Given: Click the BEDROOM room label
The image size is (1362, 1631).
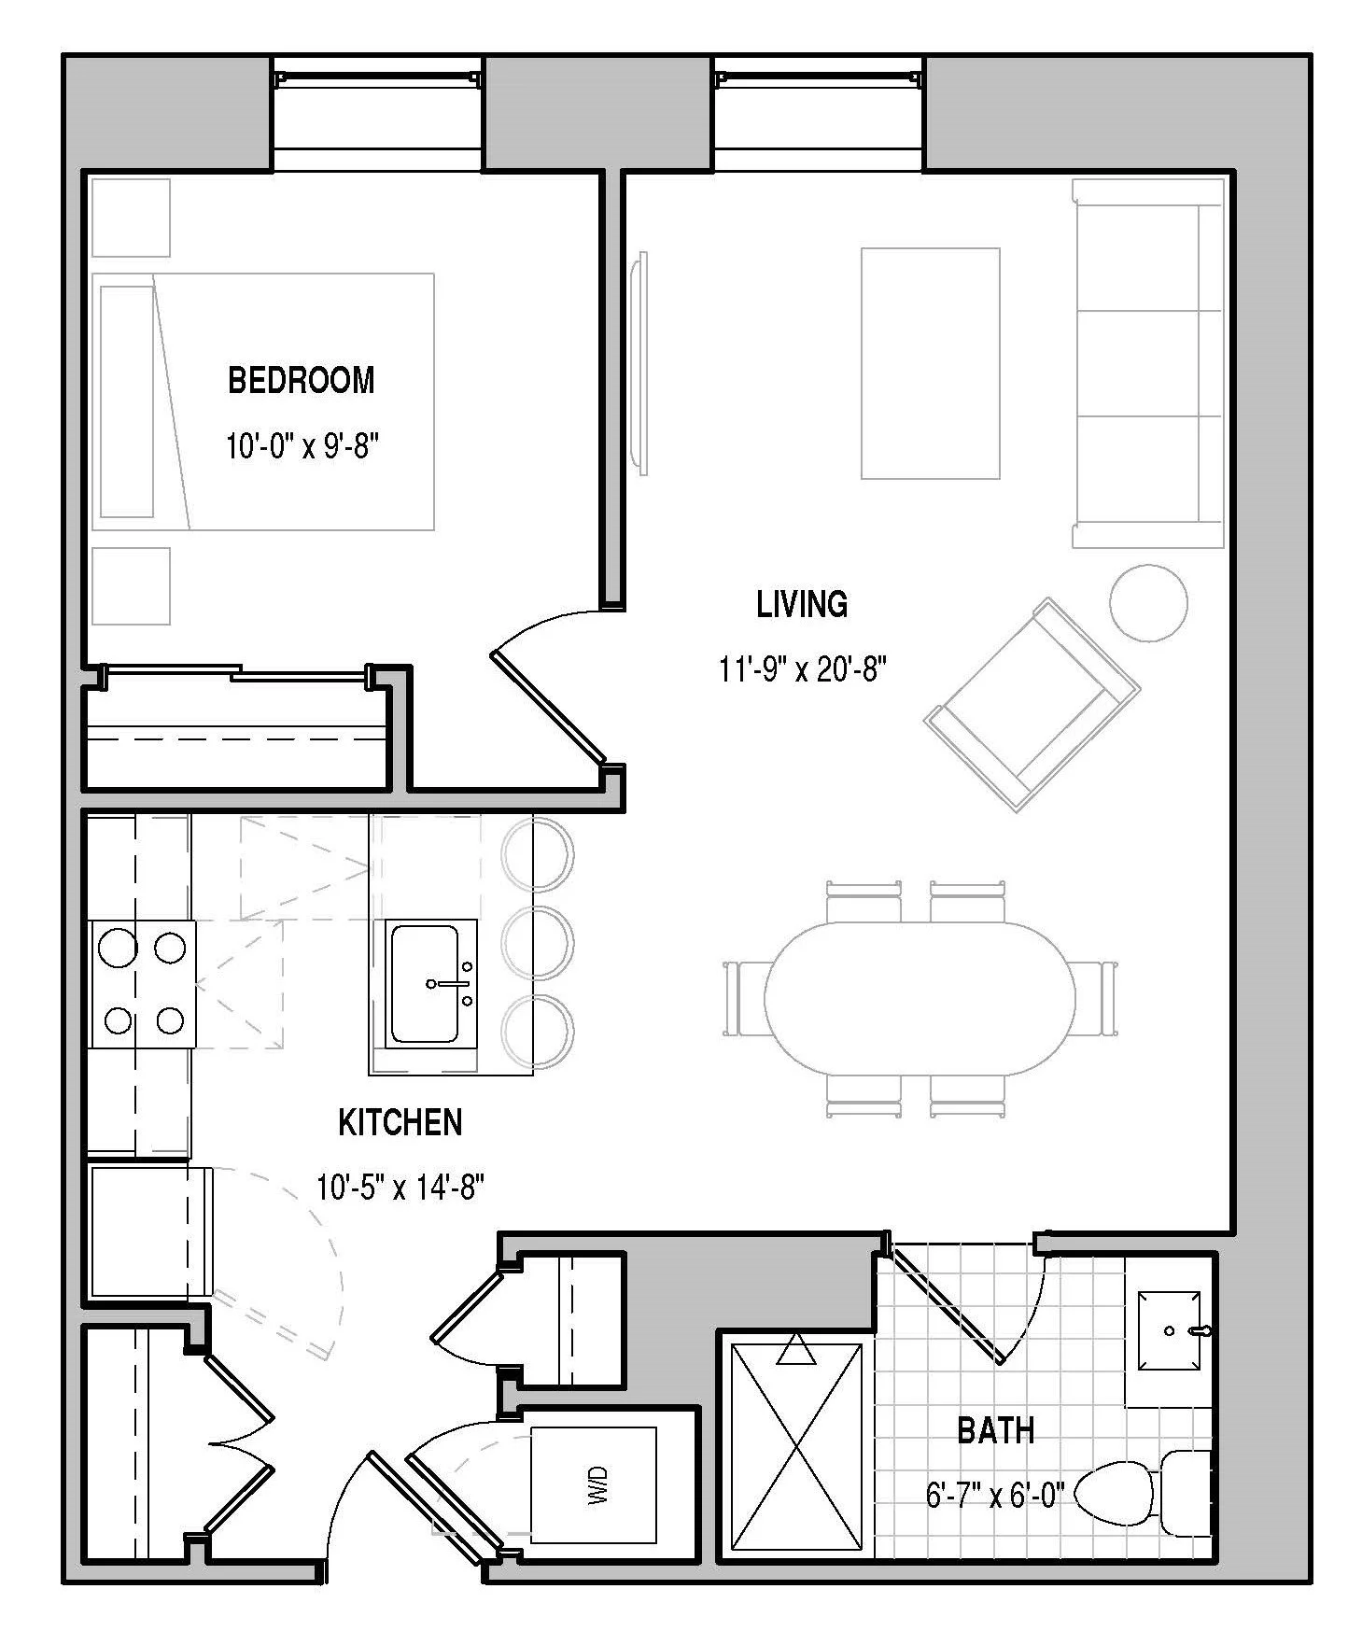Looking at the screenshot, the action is tap(301, 380).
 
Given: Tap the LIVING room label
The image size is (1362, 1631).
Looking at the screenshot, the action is tap(802, 604).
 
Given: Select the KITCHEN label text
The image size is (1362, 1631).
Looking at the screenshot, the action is tap(400, 1122).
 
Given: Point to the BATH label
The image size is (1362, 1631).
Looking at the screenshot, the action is tap(996, 1430).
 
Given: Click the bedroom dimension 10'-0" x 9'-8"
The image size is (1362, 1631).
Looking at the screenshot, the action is tap(302, 446).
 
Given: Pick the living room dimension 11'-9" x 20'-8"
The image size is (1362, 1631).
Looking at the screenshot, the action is tap(802, 669).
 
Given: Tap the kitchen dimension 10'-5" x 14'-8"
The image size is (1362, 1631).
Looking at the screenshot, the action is tap(400, 1188).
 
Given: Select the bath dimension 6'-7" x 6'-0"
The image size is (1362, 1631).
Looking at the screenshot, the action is tap(995, 1496).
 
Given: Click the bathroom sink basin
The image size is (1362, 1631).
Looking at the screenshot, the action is tap(1169, 1330).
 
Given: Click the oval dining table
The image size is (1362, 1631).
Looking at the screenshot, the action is tap(920, 997).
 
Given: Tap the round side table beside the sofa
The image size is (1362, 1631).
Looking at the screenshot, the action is tap(1148, 602).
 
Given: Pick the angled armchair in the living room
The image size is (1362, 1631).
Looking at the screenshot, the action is tap(1032, 705).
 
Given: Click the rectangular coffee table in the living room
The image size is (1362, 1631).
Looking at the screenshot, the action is tap(930, 363).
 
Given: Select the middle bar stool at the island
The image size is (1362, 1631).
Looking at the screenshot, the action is tap(538, 945).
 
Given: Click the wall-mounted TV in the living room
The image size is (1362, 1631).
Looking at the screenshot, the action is tap(639, 363).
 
